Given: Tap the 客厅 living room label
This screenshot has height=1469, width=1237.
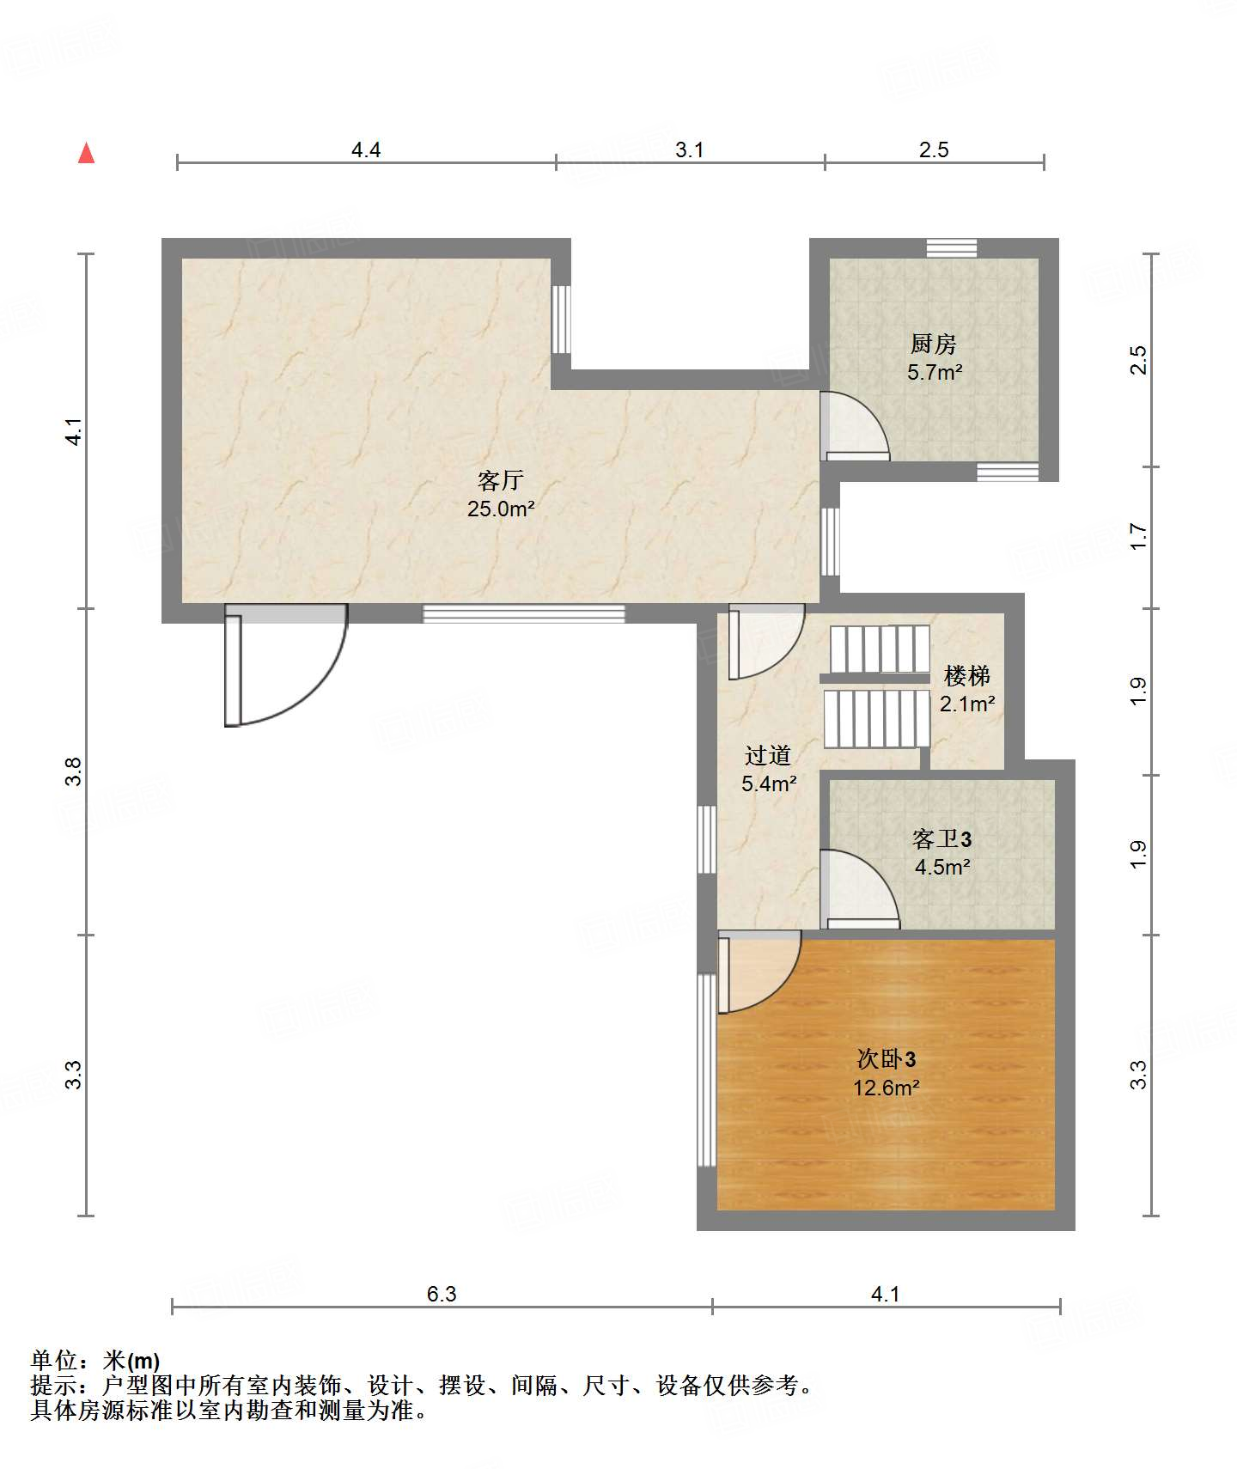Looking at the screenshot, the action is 501,480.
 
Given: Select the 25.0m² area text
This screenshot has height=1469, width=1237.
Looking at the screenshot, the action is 501,509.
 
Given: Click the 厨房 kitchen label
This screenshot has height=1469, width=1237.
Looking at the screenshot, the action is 934,344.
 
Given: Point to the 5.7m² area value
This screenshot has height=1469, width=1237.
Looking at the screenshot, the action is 935,373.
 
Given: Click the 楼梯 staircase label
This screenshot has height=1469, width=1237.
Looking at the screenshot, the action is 967,676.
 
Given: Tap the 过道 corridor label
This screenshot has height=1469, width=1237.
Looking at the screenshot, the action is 768,755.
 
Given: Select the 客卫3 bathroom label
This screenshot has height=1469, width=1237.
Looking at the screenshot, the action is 942,838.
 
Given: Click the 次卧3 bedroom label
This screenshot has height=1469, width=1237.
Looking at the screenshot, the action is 887,1058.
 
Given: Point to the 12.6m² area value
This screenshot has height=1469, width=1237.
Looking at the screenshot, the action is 887,1088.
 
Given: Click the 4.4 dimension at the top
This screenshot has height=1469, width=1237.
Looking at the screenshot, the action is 366,150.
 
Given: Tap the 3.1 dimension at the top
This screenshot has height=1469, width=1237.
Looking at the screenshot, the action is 689,150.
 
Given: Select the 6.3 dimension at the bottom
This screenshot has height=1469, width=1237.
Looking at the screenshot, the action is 442,1294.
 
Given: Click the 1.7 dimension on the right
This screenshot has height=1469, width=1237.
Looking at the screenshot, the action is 1138,537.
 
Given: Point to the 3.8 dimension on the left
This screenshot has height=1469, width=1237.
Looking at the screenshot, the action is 74,771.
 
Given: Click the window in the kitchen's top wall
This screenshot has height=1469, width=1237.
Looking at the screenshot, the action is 952,248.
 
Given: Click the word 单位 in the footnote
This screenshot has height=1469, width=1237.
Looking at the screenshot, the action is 54,1360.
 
